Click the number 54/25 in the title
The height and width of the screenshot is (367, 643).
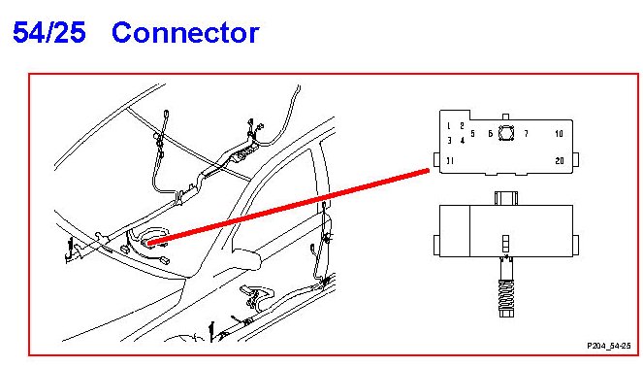click(x=49, y=33)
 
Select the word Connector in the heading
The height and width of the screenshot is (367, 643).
click(x=185, y=33)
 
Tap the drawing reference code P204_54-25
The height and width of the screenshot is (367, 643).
click(x=608, y=346)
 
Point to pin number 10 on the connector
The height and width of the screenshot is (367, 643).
click(x=559, y=134)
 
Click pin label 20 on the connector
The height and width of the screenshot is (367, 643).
click(x=560, y=161)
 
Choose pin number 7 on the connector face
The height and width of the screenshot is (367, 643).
click(x=526, y=134)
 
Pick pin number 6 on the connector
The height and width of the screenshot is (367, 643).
click(x=491, y=134)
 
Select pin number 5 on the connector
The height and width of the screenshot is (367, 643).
click(x=473, y=134)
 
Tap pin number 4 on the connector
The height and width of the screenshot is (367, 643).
click(x=463, y=141)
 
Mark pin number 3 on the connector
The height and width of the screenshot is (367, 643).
click(x=449, y=141)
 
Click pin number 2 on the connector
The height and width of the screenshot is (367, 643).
click(x=463, y=126)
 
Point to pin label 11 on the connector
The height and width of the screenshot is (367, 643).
click(x=450, y=161)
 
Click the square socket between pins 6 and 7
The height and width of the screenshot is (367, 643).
click(x=506, y=133)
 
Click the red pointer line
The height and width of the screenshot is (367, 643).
click(x=288, y=207)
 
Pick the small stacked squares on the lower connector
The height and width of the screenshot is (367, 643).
click(x=506, y=244)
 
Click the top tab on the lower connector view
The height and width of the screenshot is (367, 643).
click(x=506, y=198)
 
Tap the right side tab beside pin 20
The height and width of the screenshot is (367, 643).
click(x=576, y=159)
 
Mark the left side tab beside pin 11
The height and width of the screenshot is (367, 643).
click(x=436, y=159)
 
